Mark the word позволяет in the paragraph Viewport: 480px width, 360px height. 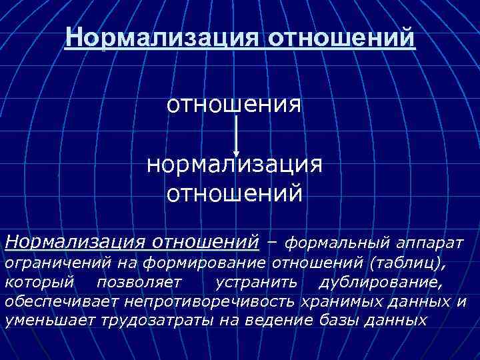pyautogui.click(x=139, y=283)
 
